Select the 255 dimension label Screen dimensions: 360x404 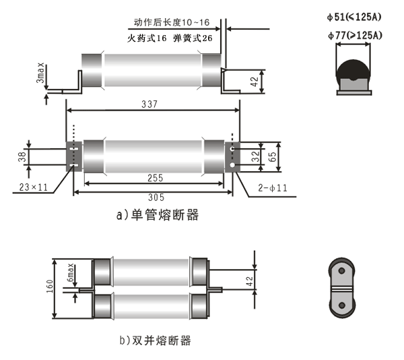click(x=153, y=179)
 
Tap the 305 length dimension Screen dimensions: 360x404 click(x=153, y=199)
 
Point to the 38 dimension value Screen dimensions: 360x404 click(x=22, y=156)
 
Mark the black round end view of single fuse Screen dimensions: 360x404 click(x=353, y=74)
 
